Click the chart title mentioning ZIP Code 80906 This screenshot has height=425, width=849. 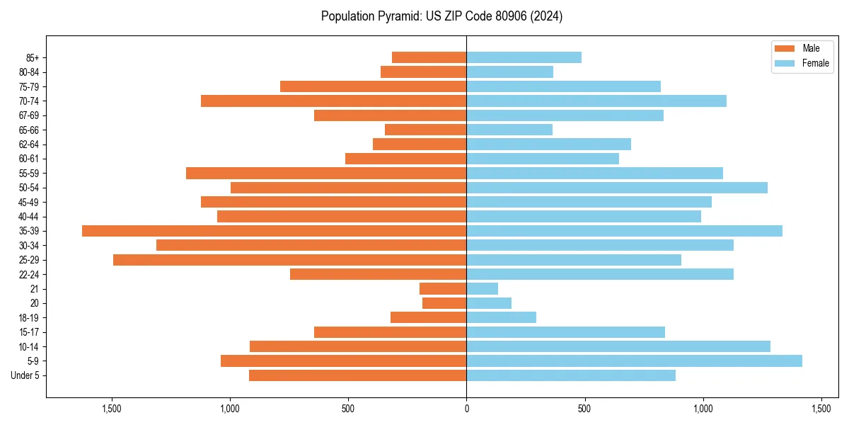(x=441, y=16)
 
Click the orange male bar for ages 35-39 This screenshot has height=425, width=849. (x=274, y=231)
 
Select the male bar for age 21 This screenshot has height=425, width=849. (x=443, y=289)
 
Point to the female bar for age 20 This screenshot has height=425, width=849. (x=488, y=303)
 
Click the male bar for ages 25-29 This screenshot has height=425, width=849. (x=289, y=260)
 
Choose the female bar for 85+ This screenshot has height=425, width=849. (x=524, y=57)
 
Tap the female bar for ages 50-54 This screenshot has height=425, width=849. (x=616, y=188)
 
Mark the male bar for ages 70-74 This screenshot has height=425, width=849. (x=333, y=101)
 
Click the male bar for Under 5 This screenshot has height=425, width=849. (x=357, y=375)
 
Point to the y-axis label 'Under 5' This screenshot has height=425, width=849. (x=25, y=375)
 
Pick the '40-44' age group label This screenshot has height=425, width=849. (x=29, y=217)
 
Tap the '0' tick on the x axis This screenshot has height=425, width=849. (x=466, y=409)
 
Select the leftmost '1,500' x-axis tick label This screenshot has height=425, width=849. (x=112, y=409)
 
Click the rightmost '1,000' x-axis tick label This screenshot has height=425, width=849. (x=703, y=409)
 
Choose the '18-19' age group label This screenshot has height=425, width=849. (x=29, y=318)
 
